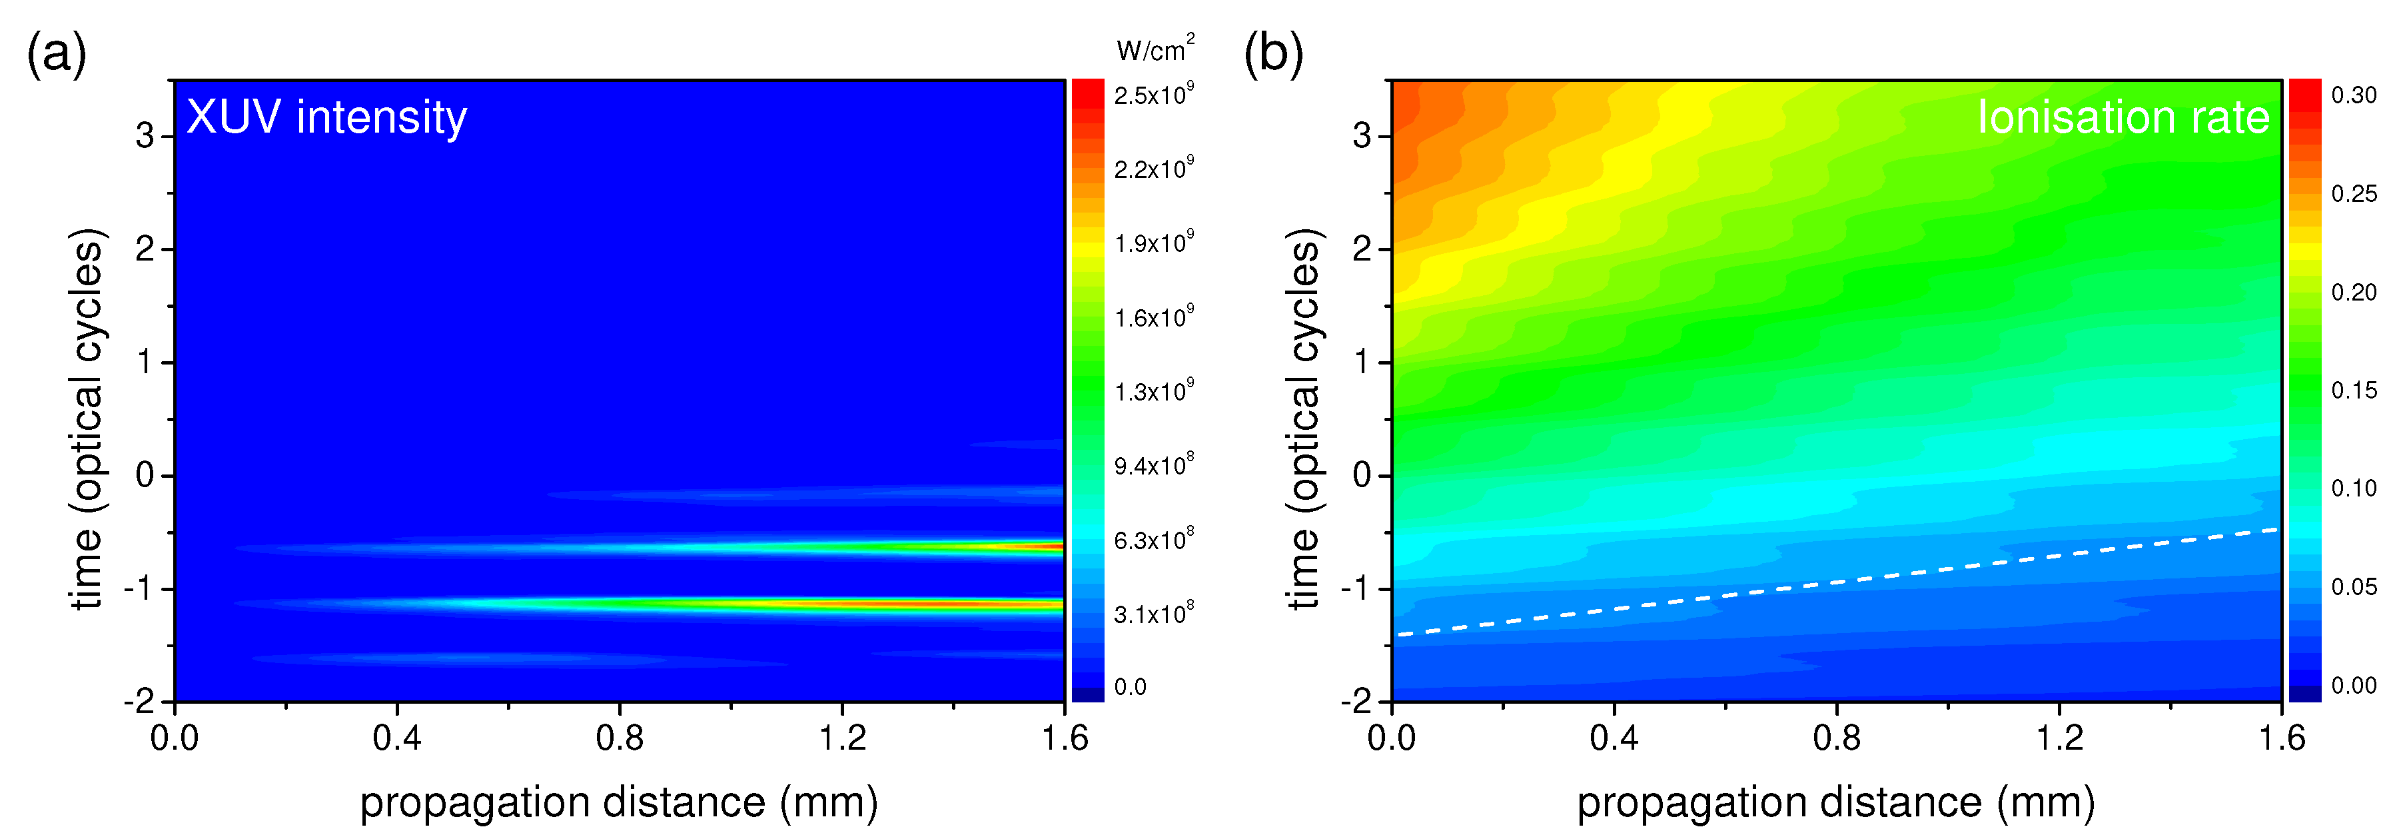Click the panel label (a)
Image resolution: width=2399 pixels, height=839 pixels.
point(56,54)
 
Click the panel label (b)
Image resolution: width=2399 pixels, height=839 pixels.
point(1273,54)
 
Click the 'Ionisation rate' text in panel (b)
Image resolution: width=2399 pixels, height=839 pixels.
point(2123,117)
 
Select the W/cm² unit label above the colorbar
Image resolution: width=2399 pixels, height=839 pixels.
point(1154,49)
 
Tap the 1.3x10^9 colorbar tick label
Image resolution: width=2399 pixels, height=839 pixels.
point(1153,391)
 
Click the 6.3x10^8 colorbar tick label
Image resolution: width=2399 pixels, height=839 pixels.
point(1153,540)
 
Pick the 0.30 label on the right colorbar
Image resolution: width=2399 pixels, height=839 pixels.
point(2354,95)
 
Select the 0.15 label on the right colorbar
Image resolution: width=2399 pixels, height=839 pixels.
point(2354,390)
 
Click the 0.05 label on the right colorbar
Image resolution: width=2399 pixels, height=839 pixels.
point(2354,586)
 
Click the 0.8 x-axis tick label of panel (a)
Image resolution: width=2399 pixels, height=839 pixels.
point(620,738)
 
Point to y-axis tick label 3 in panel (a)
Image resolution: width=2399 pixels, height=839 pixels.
point(145,136)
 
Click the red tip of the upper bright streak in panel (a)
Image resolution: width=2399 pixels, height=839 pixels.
point(1053,546)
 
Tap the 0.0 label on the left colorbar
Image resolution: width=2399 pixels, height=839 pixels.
point(1130,687)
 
